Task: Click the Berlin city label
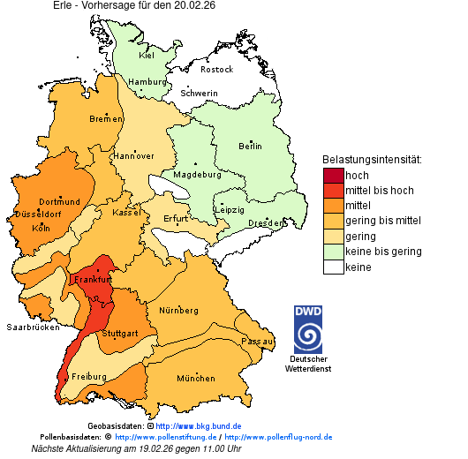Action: [250, 146]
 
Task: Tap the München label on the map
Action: [195, 379]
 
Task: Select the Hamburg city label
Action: [147, 82]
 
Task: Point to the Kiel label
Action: [146, 55]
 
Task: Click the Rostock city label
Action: [216, 69]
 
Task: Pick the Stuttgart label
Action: [120, 334]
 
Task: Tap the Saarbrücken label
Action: [33, 327]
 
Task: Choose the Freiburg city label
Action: [88, 377]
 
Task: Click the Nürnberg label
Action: [179, 311]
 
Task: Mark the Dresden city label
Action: [266, 223]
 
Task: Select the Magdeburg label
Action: [197, 174]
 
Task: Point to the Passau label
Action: [257, 341]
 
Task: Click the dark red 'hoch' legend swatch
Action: [332, 175]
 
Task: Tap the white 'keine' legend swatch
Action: [332, 267]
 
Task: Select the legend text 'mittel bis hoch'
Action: [379, 190]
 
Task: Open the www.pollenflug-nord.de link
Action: [278, 437]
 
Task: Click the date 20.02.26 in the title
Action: [193, 5]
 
